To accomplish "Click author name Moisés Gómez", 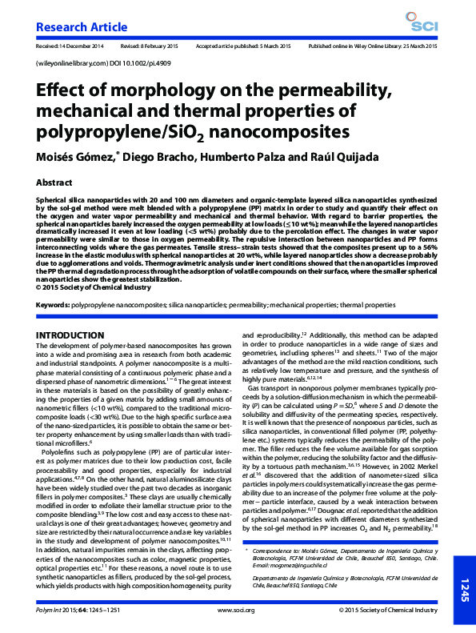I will tap(76, 156).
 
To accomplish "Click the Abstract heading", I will tap(54, 182).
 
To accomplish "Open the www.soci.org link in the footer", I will tap(237, 611).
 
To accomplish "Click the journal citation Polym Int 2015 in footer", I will tap(64, 611).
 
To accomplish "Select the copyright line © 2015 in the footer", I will tap(392, 611).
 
